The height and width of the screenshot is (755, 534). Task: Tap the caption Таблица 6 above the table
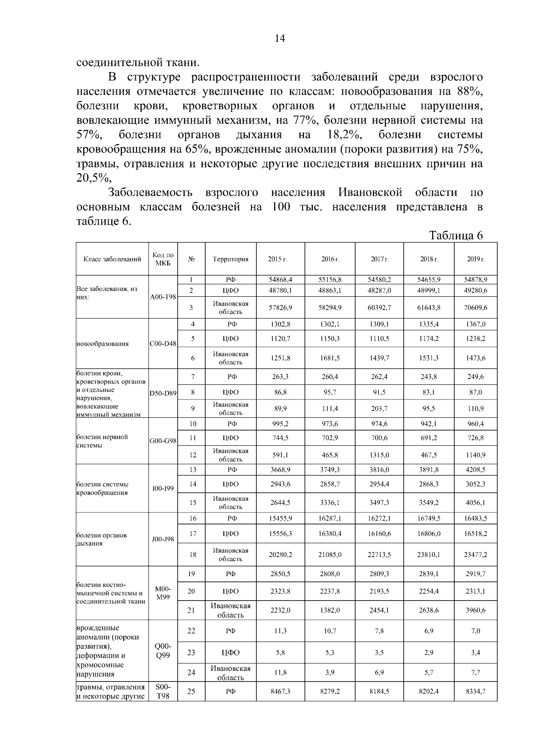(456, 235)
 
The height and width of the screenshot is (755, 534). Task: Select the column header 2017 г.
(380, 259)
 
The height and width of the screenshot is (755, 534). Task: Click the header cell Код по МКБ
(163, 259)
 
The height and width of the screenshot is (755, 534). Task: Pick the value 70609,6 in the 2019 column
(475, 307)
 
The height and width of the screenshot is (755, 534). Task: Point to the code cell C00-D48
(163, 343)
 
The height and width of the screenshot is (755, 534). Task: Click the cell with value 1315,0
(380, 455)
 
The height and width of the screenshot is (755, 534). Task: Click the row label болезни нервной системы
(102, 441)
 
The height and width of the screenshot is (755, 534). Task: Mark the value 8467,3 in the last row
(280, 691)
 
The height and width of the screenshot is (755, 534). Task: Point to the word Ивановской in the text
(370, 192)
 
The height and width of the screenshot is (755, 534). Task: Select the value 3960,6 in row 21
(475, 610)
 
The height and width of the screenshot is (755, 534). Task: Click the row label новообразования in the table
(103, 343)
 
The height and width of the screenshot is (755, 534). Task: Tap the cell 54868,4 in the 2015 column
(280, 280)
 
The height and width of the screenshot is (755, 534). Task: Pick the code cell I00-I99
(163, 489)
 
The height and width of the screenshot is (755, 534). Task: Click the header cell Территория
(231, 259)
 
